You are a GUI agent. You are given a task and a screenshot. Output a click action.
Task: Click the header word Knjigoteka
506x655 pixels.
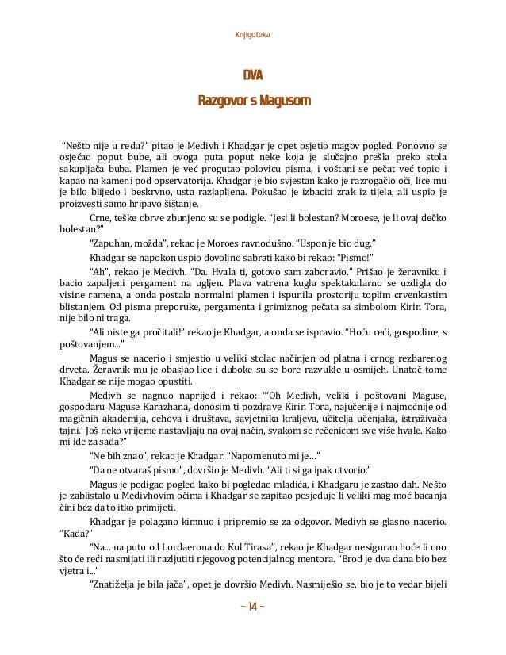pyautogui.click(x=253, y=34)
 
